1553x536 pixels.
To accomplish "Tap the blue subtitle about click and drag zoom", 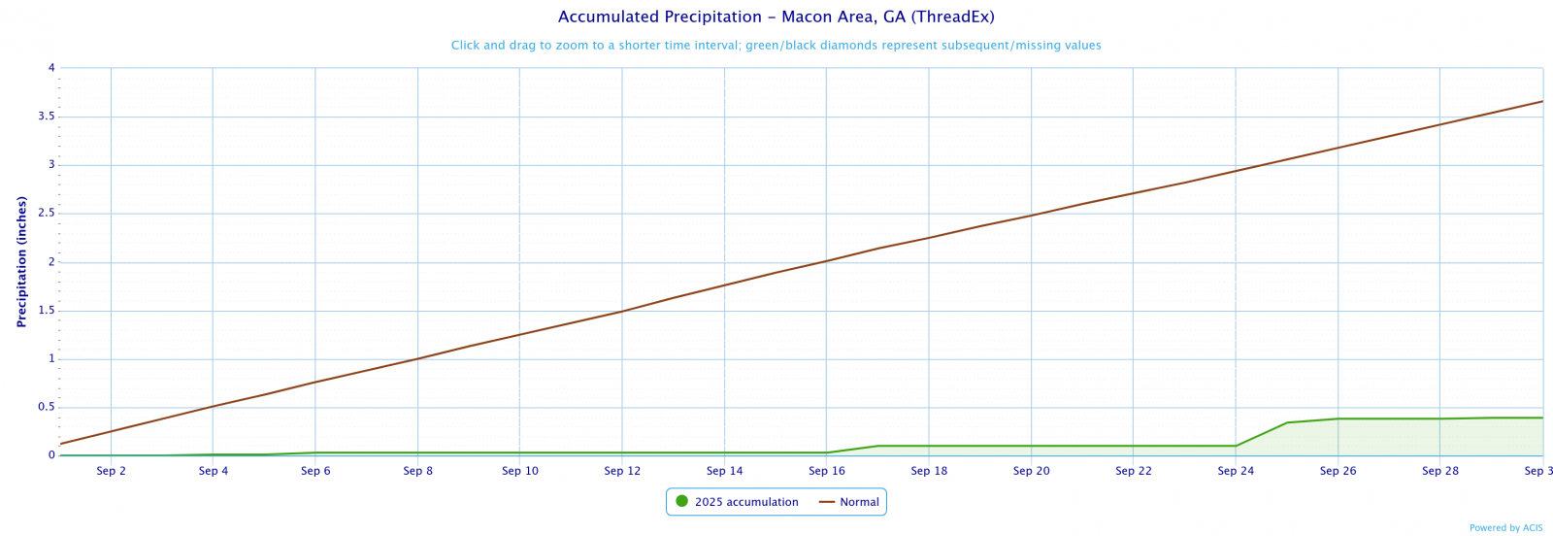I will coord(776,46).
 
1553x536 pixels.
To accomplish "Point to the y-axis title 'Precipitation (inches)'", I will coord(21,262).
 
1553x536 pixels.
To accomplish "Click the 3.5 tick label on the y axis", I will coord(46,117).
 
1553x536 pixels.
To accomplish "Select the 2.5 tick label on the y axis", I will coord(46,214).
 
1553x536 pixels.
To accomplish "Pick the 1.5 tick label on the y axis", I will coord(46,311).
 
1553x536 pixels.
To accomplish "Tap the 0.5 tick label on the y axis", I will coord(46,408).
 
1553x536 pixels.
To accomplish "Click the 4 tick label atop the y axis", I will coord(51,68).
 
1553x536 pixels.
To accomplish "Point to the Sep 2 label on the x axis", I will coord(112,472).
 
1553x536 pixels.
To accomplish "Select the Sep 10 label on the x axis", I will coord(520,472).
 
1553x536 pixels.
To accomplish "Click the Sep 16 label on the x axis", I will coord(827,472).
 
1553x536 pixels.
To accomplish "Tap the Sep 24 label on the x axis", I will coord(1236,472).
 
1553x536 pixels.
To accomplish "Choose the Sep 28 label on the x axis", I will coord(1440,472).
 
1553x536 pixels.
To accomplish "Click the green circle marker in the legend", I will coord(681,502).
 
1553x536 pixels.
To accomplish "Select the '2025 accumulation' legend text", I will coord(746,502).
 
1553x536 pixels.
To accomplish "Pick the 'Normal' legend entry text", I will coord(859,502).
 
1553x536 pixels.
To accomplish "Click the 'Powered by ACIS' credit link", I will coord(1505,528).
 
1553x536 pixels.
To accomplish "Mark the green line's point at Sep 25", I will coord(1287,422).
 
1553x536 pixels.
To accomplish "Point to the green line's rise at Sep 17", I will coord(877,446).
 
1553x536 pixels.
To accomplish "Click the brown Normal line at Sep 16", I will coord(827,261).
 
